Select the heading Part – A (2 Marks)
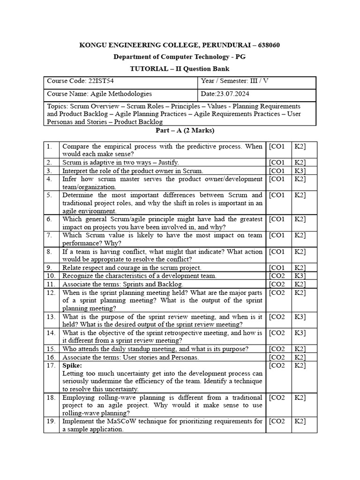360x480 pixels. click(180, 130)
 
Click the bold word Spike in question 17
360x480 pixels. click(72, 365)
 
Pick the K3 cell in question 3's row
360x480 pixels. click(300, 171)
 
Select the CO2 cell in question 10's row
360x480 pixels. click(277, 276)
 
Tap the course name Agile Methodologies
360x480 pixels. click(121, 94)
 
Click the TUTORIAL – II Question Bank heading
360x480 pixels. click(180, 68)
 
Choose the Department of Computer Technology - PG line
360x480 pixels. click(180, 57)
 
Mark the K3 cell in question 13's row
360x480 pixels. click(300, 316)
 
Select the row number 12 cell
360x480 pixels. click(51, 292)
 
